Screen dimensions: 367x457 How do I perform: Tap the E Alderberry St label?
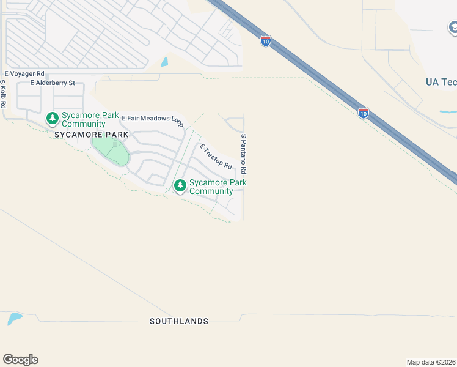(53, 83)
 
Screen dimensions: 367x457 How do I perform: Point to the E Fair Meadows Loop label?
(153, 119)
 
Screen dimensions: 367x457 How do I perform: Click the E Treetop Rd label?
(216, 157)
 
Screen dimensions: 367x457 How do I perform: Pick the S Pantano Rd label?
(243, 154)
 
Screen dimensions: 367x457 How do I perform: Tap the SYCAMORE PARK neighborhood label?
(92, 135)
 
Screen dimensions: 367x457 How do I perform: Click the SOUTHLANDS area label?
(179, 321)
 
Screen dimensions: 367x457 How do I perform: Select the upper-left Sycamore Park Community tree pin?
(53, 117)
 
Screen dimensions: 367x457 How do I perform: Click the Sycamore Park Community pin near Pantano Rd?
(180, 185)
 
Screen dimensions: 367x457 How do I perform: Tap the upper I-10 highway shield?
(265, 41)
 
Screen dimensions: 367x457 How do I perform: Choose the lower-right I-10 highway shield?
(363, 113)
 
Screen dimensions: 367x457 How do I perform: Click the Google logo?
(20, 360)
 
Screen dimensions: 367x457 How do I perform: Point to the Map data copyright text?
(431, 361)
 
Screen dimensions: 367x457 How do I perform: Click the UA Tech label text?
(441, 82)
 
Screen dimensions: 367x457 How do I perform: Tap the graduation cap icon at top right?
(453, 28)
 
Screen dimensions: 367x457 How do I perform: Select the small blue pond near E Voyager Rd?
(164, 62)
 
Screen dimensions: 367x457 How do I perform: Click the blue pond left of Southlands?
(13, 318)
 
